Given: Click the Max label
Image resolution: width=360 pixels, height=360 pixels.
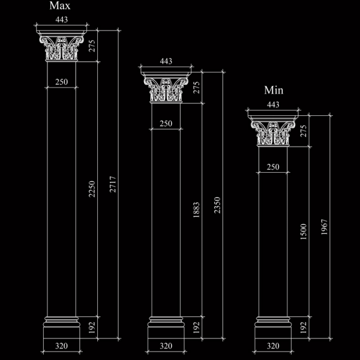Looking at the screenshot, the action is pos(59,5).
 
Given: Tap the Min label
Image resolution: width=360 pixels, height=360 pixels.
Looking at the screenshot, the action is pos(274,90).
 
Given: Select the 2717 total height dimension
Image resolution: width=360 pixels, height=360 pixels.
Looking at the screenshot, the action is pos(113,184).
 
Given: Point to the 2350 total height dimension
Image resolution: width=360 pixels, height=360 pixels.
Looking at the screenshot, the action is pos(217,205).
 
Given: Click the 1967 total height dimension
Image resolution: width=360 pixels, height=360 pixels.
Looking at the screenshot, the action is pos(324,227).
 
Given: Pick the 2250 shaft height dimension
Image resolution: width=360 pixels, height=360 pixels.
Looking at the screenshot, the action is pos(92,189).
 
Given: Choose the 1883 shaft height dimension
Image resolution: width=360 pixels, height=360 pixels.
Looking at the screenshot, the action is pos(196,210).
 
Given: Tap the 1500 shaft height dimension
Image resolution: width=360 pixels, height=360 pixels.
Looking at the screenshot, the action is pos(303,232).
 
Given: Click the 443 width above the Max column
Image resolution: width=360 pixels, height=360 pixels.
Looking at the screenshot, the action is pos(62,20).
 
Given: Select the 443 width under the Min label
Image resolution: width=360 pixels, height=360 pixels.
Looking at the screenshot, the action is pos(273,104).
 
